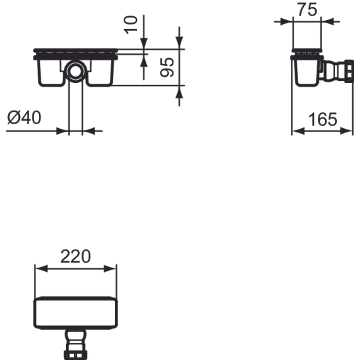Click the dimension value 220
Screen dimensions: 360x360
tap(76, 256)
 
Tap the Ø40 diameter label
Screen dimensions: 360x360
tap(24, 117)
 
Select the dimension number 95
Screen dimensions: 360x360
tap(167, 67)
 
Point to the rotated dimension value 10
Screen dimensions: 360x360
tap(130, 25)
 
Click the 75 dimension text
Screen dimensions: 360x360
tap(307, 9)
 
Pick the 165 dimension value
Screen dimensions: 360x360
tap(323, 119)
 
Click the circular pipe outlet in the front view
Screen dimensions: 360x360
tap(76, 71)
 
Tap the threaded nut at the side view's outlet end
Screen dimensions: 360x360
tap(349, 71)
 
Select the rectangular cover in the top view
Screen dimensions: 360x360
tap(76, 313)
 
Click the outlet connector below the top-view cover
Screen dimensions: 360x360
tap(76, 344)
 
